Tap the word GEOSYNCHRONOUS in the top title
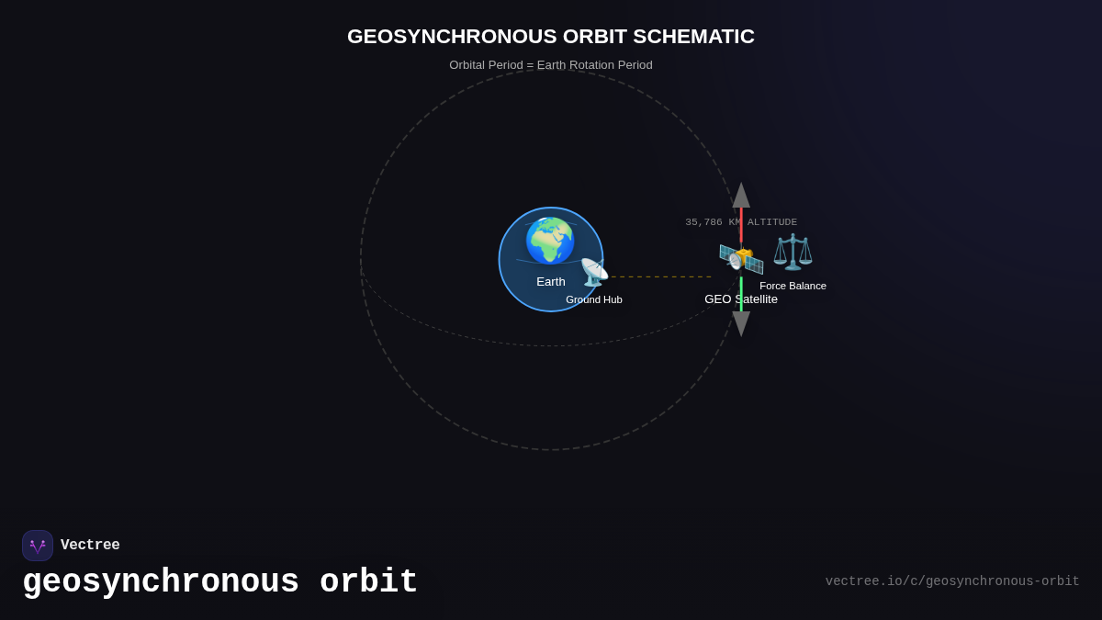click(452, 37)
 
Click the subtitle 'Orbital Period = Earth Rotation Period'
click(551, 65)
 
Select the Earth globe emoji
click(550, 241)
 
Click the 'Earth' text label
click(551, 282)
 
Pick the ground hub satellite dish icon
click(594, 272)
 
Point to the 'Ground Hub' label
click(594, 299)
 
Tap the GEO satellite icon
click(740, 258)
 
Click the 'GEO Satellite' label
click(741, 299)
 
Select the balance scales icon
click(793, 252)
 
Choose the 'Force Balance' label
click(793, 286)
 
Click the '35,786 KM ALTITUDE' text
click(741, 222)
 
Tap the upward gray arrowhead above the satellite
click(741, 196)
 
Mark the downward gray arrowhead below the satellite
click(741, 323)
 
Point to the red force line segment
click(741, 225)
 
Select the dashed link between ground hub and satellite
click(661, 276)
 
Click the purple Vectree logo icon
click(38, 546)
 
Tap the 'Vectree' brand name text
click(90, 546)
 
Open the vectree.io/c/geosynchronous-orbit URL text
click(952, 581)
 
